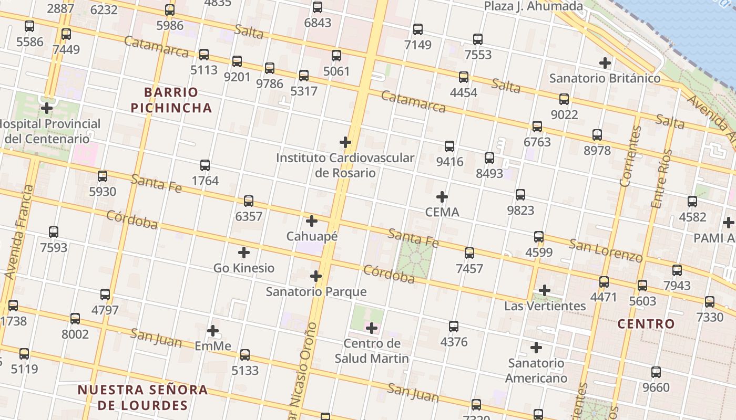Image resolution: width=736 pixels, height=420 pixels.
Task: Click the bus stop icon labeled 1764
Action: pos(205,165)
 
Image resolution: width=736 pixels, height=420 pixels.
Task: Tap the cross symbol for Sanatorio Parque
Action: pos(315,276)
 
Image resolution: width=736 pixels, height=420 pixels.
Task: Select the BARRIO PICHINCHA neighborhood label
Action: pos(171,100)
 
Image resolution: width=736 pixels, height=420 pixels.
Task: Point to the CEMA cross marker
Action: pos(442,197)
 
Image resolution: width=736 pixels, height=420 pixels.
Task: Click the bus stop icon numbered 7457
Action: pos(469,253)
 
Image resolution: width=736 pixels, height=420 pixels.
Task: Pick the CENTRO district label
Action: pos(646,324)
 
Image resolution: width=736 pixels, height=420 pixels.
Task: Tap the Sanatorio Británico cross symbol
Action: pos(605,63)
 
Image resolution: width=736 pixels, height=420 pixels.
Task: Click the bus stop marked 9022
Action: pos(564,99)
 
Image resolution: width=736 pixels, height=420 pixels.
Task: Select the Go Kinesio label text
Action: pos(244,268)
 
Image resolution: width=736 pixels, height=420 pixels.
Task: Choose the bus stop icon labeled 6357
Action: pos(249,201)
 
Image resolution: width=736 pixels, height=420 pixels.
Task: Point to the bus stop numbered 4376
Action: pos(454,327)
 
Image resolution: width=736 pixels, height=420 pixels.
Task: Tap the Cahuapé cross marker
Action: pos(312,221)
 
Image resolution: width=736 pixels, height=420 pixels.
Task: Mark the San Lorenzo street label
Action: pos(606,250)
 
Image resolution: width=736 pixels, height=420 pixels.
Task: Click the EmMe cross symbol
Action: pos(213,331)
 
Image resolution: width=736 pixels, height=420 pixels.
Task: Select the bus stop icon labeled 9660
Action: pos(656,372)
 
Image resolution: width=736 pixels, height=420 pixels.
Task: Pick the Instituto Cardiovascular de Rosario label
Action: pos(345,165)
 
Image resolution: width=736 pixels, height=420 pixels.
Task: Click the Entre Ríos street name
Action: pos(661,178)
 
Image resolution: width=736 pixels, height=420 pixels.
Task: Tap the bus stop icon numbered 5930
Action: pos(103,176)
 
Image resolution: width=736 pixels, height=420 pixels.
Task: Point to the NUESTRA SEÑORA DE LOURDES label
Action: pos(142,397)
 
